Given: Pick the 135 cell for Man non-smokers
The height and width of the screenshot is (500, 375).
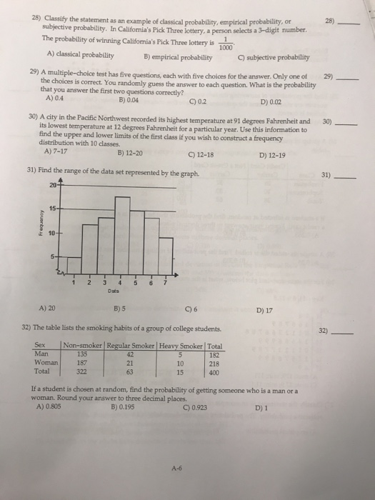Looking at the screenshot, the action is click(82, 351).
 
